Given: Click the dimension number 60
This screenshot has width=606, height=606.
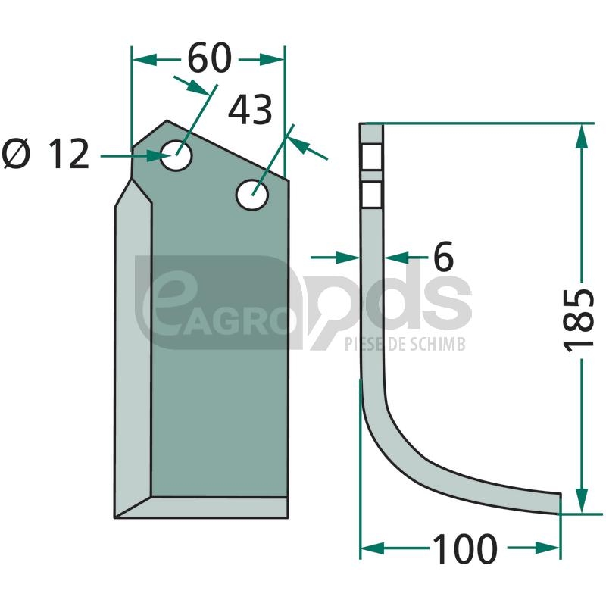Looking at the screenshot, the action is pyautogui.click(x=210, y=59).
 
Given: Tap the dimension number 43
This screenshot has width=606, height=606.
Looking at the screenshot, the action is pyautogui.click(x=250, y=110).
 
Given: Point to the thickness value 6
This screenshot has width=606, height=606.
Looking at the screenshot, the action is pyautogui.click(x=443, y=257).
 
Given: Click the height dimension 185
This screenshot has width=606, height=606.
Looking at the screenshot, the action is pyautogui.click(x=579, y=319).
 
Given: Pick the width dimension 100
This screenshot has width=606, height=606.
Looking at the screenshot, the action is pyautogui.click(x=464, y=548).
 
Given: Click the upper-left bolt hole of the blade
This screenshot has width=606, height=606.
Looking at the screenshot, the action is pyautogui.click(x=176, y=155).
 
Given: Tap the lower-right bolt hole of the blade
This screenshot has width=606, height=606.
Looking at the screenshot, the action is pyautogui.click(x=252, y=195).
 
